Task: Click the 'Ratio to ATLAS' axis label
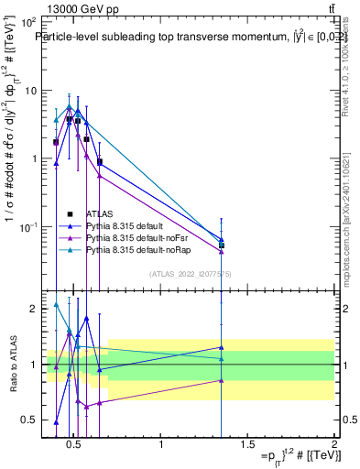pyautogui.click(x=12, y=364)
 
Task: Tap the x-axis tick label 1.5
pyautogui.click(x=247, y=445)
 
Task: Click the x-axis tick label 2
pyautogui.click(x=333, y=445)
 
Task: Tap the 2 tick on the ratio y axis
pyautogui.click(x=33, y=309)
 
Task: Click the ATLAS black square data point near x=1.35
pyautogui.click(x=222, y=245)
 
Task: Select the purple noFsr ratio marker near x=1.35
pyautogui.click(x=222, y=380)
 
